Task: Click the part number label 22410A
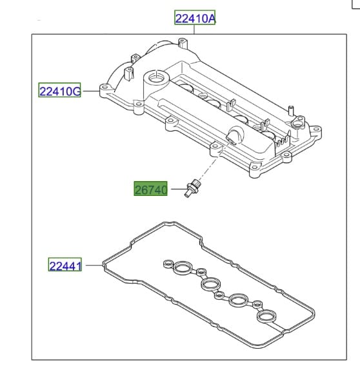[195, 17]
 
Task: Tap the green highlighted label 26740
[150, 188]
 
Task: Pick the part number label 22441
[65, 264]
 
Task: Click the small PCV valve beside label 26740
[192, 188]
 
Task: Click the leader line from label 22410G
[91, 91]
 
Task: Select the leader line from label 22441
[94, 265]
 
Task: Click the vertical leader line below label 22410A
[194, 30]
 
